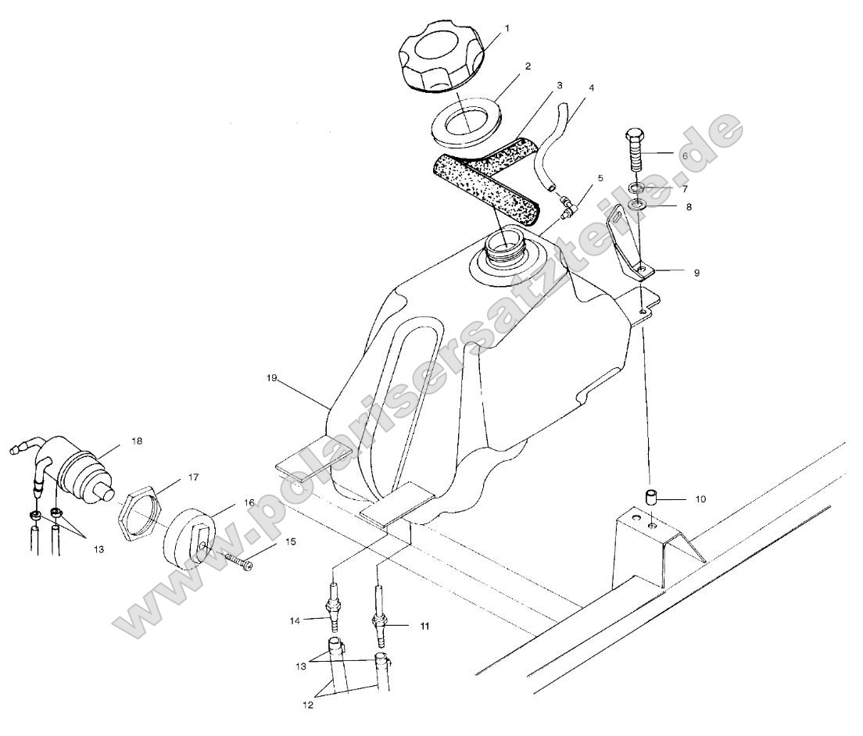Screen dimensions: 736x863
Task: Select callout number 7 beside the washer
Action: [x=685, y=189]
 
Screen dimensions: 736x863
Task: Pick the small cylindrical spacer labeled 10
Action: [x=650, y=497]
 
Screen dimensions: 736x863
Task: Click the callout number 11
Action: [x=424, y=626]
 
